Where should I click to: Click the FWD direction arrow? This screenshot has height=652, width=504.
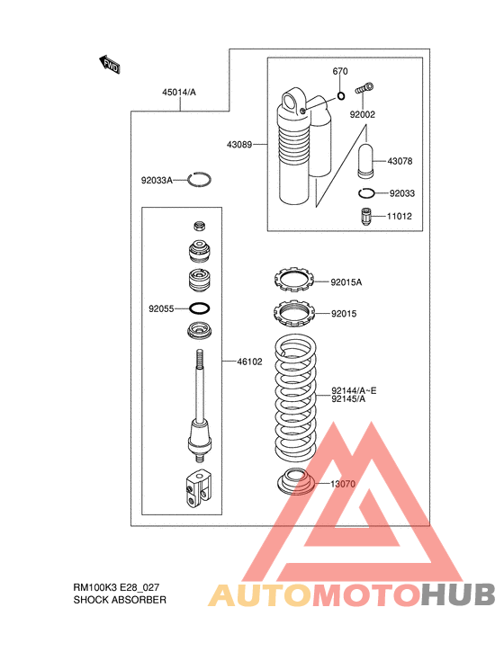point(110,65)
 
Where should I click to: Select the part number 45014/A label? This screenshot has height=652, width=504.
point(179,93)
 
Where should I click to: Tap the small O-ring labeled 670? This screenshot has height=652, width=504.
point(341,96)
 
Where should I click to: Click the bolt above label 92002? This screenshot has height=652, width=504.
point(364,88)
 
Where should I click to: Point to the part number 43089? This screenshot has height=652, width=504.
point(239,145)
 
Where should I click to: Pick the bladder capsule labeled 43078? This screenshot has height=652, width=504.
point(365,161)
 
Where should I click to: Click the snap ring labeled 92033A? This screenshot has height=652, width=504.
point(199,179)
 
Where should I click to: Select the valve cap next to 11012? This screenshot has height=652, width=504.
point(365,217)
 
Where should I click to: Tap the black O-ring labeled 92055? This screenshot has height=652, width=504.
point(200,308)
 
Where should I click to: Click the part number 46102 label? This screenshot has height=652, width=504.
point(249,362)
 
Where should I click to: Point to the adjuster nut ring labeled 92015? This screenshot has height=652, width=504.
point(293,313)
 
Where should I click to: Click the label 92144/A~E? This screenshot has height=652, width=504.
point(354,390)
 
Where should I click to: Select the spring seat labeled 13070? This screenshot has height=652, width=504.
point(297,481)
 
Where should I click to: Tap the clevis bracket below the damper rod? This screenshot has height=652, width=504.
point(197,488)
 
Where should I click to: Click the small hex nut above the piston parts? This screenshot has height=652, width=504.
point(200,226)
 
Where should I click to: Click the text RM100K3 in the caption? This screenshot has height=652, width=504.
point(95,587)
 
